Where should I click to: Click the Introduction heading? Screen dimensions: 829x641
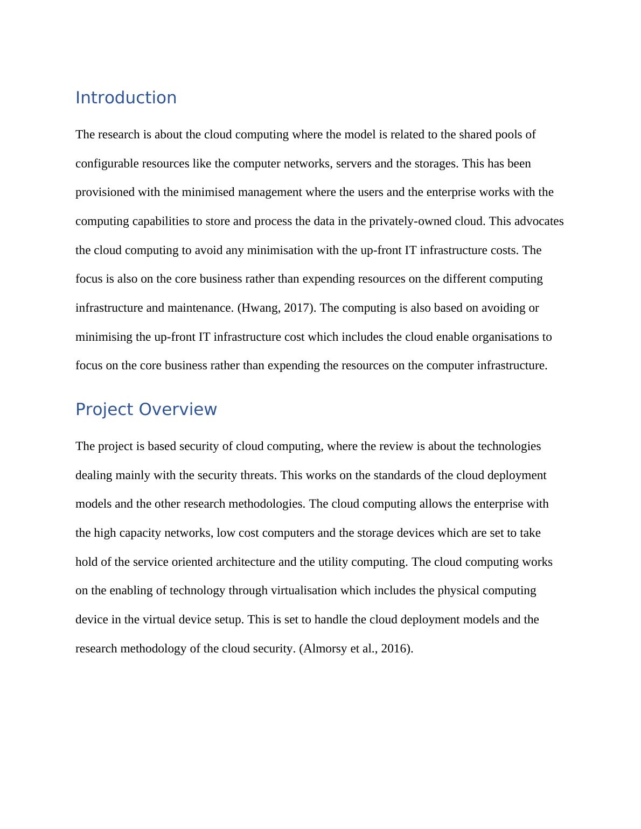pos(126,98)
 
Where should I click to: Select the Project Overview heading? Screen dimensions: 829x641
pos(146,410)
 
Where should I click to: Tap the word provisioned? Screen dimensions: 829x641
pos(105,193)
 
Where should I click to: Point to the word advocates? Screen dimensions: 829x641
pos(540,221)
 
